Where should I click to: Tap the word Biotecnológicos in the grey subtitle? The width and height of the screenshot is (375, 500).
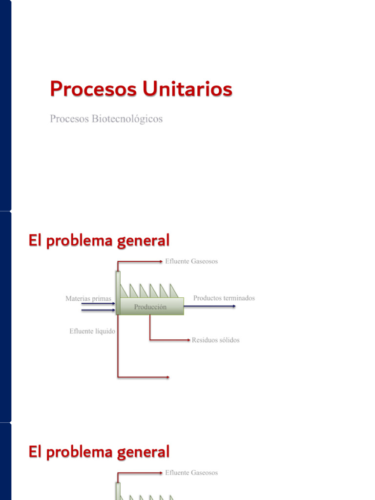[127, 119]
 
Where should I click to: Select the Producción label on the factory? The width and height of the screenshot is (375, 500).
[150, 307]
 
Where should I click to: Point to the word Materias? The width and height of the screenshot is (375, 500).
[78, 298]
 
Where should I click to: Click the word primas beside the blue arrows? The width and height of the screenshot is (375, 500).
[102, 298]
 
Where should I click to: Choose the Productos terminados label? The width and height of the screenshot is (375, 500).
[224, 298]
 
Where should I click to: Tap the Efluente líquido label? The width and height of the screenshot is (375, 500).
[92, 331]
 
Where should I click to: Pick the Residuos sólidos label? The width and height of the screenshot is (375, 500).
[215, 340]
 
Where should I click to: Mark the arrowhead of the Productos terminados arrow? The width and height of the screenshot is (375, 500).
[234, 306]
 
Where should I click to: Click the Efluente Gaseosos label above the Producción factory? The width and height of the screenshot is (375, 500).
[191, 261]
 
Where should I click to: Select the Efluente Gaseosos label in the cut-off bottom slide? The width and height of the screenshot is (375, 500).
[191, 473]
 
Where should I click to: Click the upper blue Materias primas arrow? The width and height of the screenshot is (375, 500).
[98, 304]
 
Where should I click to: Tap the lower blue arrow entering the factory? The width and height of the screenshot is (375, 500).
[98, 310]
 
